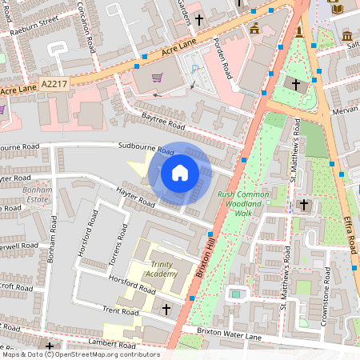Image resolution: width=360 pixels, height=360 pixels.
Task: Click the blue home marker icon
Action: pos(180,172)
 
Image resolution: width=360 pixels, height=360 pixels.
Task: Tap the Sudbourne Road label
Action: pos(146,149)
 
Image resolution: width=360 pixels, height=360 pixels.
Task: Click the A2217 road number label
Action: pos(55,82)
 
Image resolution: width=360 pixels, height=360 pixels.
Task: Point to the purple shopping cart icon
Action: pos(158,78)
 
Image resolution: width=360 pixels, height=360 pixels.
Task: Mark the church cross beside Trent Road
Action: pos(166,309)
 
